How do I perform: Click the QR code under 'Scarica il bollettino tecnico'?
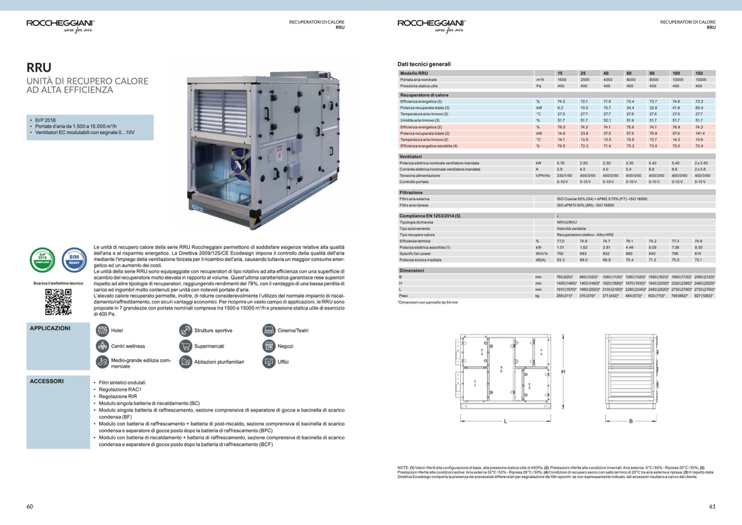pos(58,302)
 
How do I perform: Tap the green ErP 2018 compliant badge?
pos(42,260)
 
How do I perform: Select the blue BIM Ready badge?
pos(74,260)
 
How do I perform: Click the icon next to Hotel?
pos(102,330)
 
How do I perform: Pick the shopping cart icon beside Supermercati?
pos(185,346)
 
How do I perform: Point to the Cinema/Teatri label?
pos(293,331)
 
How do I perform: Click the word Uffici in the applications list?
pos(283,362)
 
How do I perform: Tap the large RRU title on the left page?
pos(39,67)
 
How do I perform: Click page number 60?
pos(30,506)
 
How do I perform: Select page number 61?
pos(712,506)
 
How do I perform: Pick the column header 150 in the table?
pos(699,73)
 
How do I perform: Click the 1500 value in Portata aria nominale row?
pos(561,79)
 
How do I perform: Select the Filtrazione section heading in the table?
pos(411,193)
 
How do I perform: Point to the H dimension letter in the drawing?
pos(563,372)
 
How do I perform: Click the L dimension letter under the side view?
pos(505,421)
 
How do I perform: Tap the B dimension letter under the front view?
pos(631,421)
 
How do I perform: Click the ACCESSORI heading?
pos(47,381)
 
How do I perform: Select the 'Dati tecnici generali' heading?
pos(424,64)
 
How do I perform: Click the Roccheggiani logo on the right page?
pos(431,24)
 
